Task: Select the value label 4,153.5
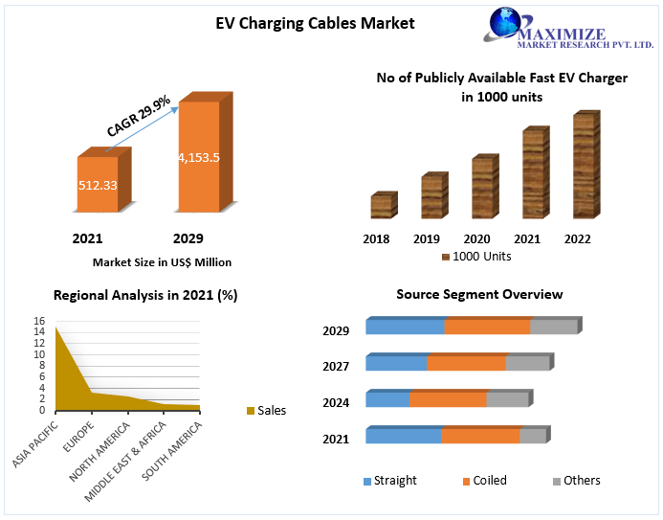199,158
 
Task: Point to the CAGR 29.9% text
139,116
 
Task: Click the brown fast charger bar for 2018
384,205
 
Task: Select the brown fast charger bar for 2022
586,165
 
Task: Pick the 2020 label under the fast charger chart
476,239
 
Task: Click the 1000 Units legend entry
476,257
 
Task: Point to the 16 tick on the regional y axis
39,321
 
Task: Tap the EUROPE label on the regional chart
78,437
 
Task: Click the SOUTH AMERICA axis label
171,451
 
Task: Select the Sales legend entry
266,411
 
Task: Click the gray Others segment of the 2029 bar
554,327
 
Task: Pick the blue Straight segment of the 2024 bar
387,399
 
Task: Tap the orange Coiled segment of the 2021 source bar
480,436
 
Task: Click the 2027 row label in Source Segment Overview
336,366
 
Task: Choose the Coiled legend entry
485,481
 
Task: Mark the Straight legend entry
389,481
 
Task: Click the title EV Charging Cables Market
315,23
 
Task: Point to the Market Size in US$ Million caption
162,262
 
